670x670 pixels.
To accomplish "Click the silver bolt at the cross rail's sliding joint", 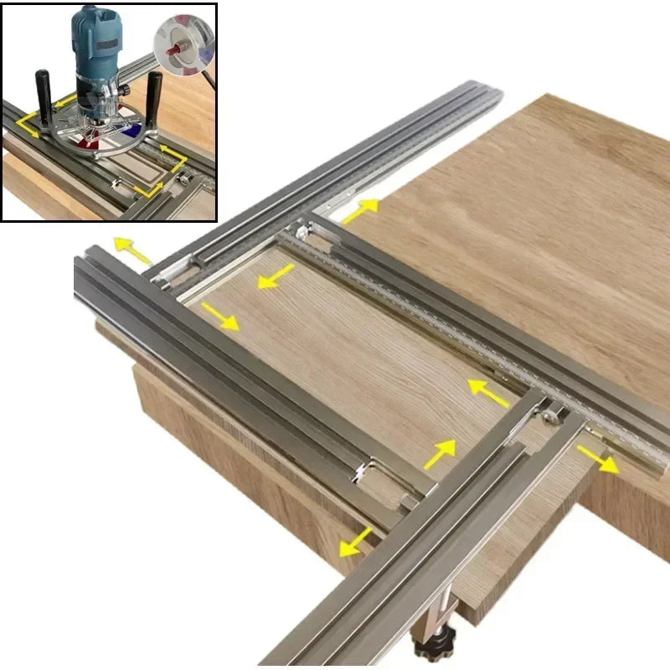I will coord(552,410).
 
